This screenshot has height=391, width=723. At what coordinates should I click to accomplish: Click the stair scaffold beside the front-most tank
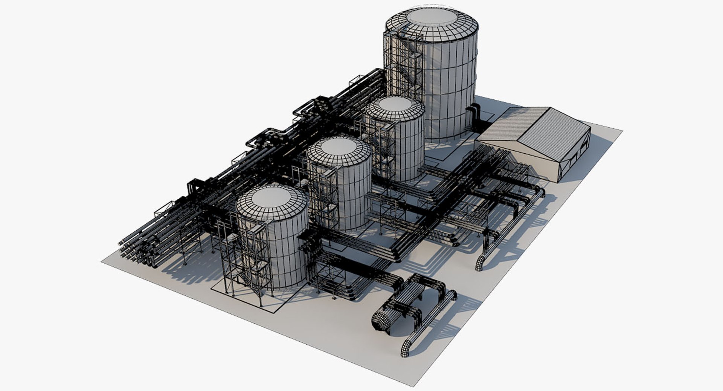point(245,256)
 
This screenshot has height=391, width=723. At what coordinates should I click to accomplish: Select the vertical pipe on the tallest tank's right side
point(474,117)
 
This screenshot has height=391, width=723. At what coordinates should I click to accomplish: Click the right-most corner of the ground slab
point(621,131)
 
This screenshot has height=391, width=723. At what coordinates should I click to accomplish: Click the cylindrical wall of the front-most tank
point(286,252)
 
